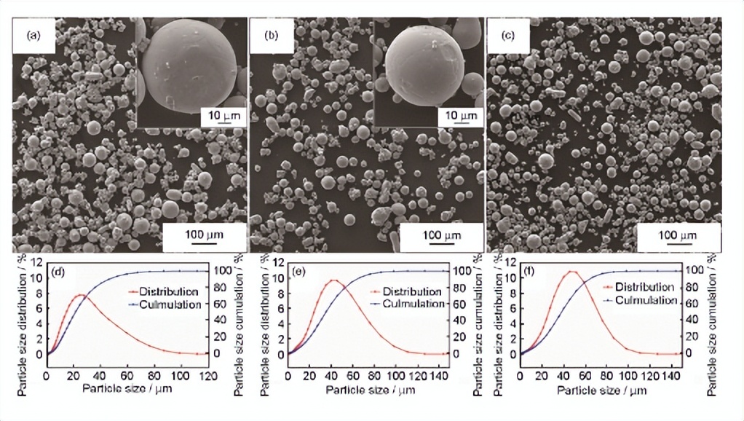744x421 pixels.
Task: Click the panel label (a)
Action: pyautogui.click(x=33, y=35)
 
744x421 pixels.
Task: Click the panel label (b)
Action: pyautogui.click(x=271, y=35)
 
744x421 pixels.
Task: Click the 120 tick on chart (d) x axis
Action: pyautogui.click(x=207, y=377)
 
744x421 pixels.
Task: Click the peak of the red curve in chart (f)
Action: pyautogui.click(x=571, y=272)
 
